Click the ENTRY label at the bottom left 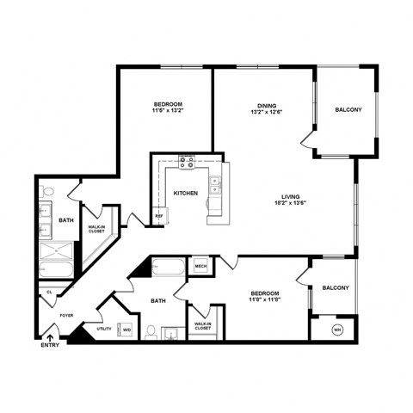click(51, 346)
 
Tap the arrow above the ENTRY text click(51, 336)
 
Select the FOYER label click(66, 316)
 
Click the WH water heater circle click(337, 329)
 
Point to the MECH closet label click(200, 267)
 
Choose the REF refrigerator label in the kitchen click(159, 216)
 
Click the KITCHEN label click(186, 194)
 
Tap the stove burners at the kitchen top click(187, 161)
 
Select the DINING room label click(266, 106)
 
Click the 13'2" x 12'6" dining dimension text click(266, 113)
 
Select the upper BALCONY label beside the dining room click(348, 109)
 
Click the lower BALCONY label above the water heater click(336, 288)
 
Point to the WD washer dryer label click(126, 330)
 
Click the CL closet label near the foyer click(48, 292)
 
